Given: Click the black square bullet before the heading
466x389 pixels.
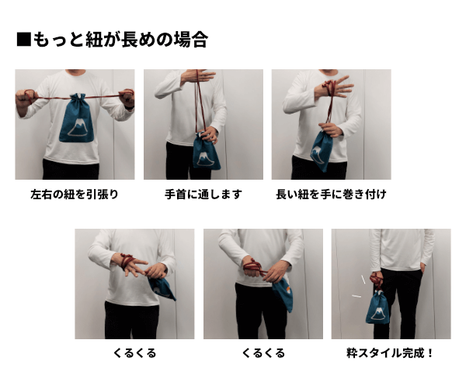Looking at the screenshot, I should (x=23, y=40).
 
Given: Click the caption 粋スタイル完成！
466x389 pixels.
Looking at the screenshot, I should (x=390, y=352).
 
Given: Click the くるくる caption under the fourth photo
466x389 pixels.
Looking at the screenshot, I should (x=134, y=352).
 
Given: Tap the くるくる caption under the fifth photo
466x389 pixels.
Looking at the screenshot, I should (x=263, y=352).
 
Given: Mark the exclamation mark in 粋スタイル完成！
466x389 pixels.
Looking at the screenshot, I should (x=429, y=352).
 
